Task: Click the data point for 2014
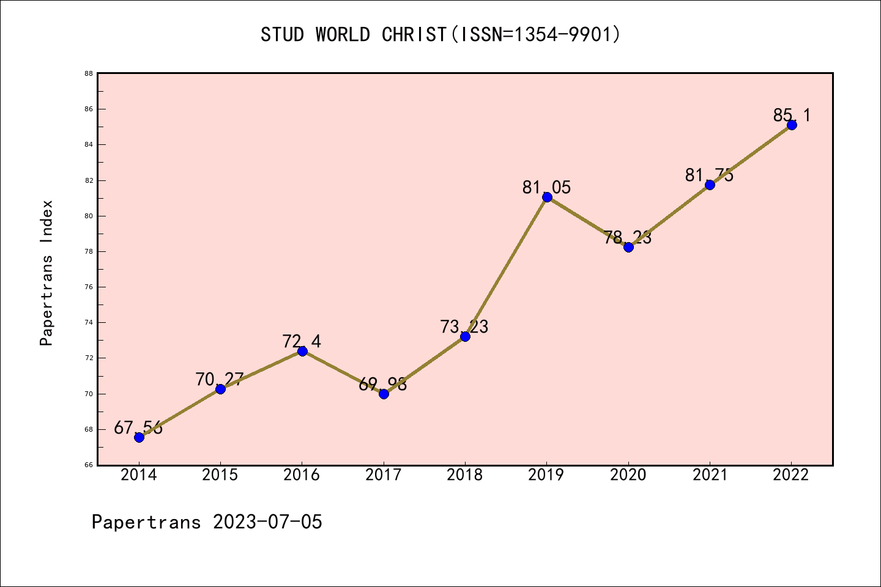[x=139, y=437]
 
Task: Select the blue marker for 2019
[x=547, y=197]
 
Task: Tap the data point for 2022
[x=792, y=125]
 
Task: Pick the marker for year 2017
[x=384, y=394]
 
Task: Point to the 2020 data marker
[x=628, y=247]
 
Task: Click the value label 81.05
[x=546, y=187]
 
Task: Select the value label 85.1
[x=792, y=115]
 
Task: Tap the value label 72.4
[x=302, y=341]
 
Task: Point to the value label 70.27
[x=220, y=379]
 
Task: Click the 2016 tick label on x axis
[x=302, y=475]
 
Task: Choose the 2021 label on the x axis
[x=710, y=475]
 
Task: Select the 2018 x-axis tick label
[x=465, y=475]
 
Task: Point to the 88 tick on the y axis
[x=89, y=73]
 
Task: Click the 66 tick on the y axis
[x=89, y=465]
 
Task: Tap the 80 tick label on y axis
[x=89, y=216]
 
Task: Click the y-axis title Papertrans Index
[x=46, y=273]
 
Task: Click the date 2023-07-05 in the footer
[x=267, y=522]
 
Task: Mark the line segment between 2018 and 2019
[x=506, y=267]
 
